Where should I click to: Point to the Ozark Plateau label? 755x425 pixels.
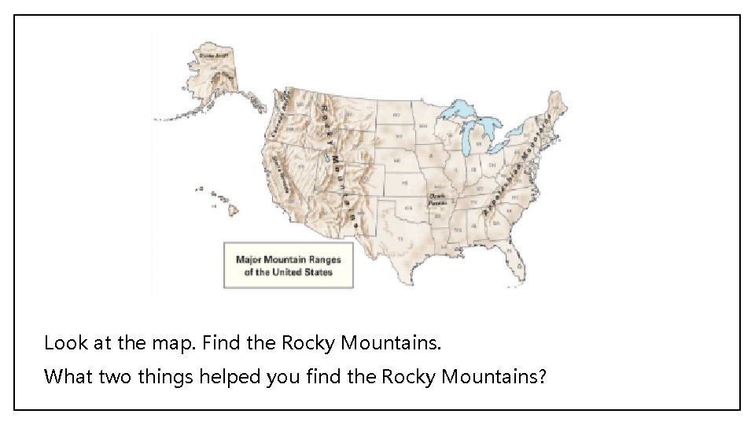point(438,198)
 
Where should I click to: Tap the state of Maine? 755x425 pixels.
point(559,106)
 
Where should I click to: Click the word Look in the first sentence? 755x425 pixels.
point(61,343)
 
